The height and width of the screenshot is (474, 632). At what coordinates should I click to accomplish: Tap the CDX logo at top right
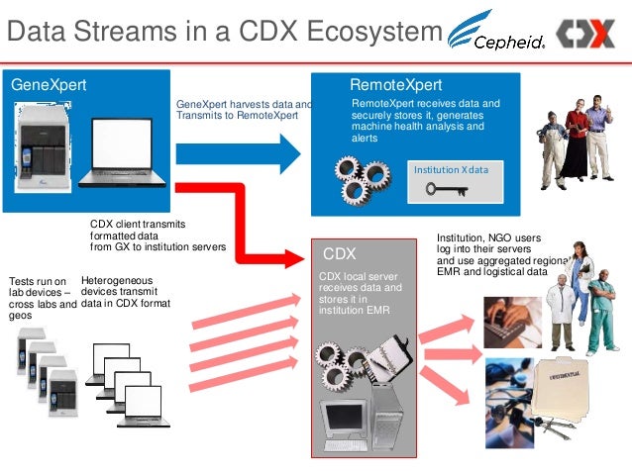[584, 34]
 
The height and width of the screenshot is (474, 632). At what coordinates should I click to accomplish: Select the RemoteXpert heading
[396, 85]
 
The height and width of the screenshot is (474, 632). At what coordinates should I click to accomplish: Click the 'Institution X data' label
[452, 170]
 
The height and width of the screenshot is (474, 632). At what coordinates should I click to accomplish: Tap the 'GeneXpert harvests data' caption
[244, 109]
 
